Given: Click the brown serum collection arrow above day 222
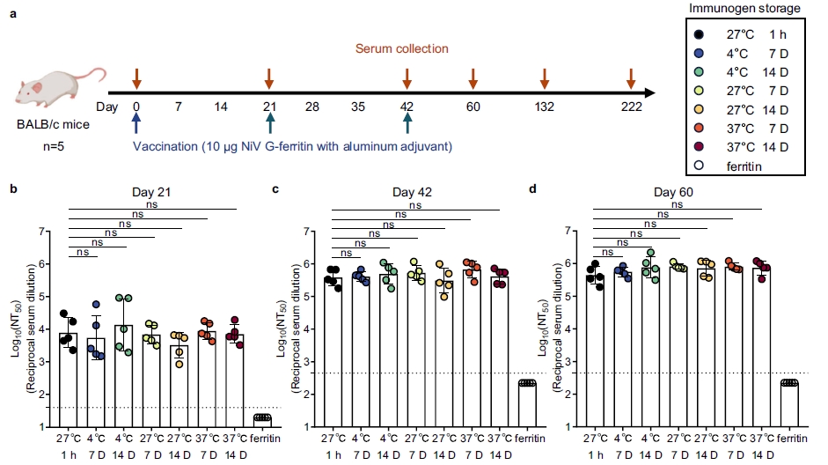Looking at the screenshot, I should point(631,77).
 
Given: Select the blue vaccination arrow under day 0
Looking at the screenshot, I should point(136,123).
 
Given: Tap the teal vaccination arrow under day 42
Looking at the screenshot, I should point(407,123).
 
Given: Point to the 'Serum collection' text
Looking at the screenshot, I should point(402,49).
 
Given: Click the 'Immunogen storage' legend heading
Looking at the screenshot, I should point(744,9).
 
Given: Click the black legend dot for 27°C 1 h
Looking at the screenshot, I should point(698,34).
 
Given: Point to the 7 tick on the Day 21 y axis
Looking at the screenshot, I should point(41,232).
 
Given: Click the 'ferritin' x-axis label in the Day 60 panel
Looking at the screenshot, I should point(790,437).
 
